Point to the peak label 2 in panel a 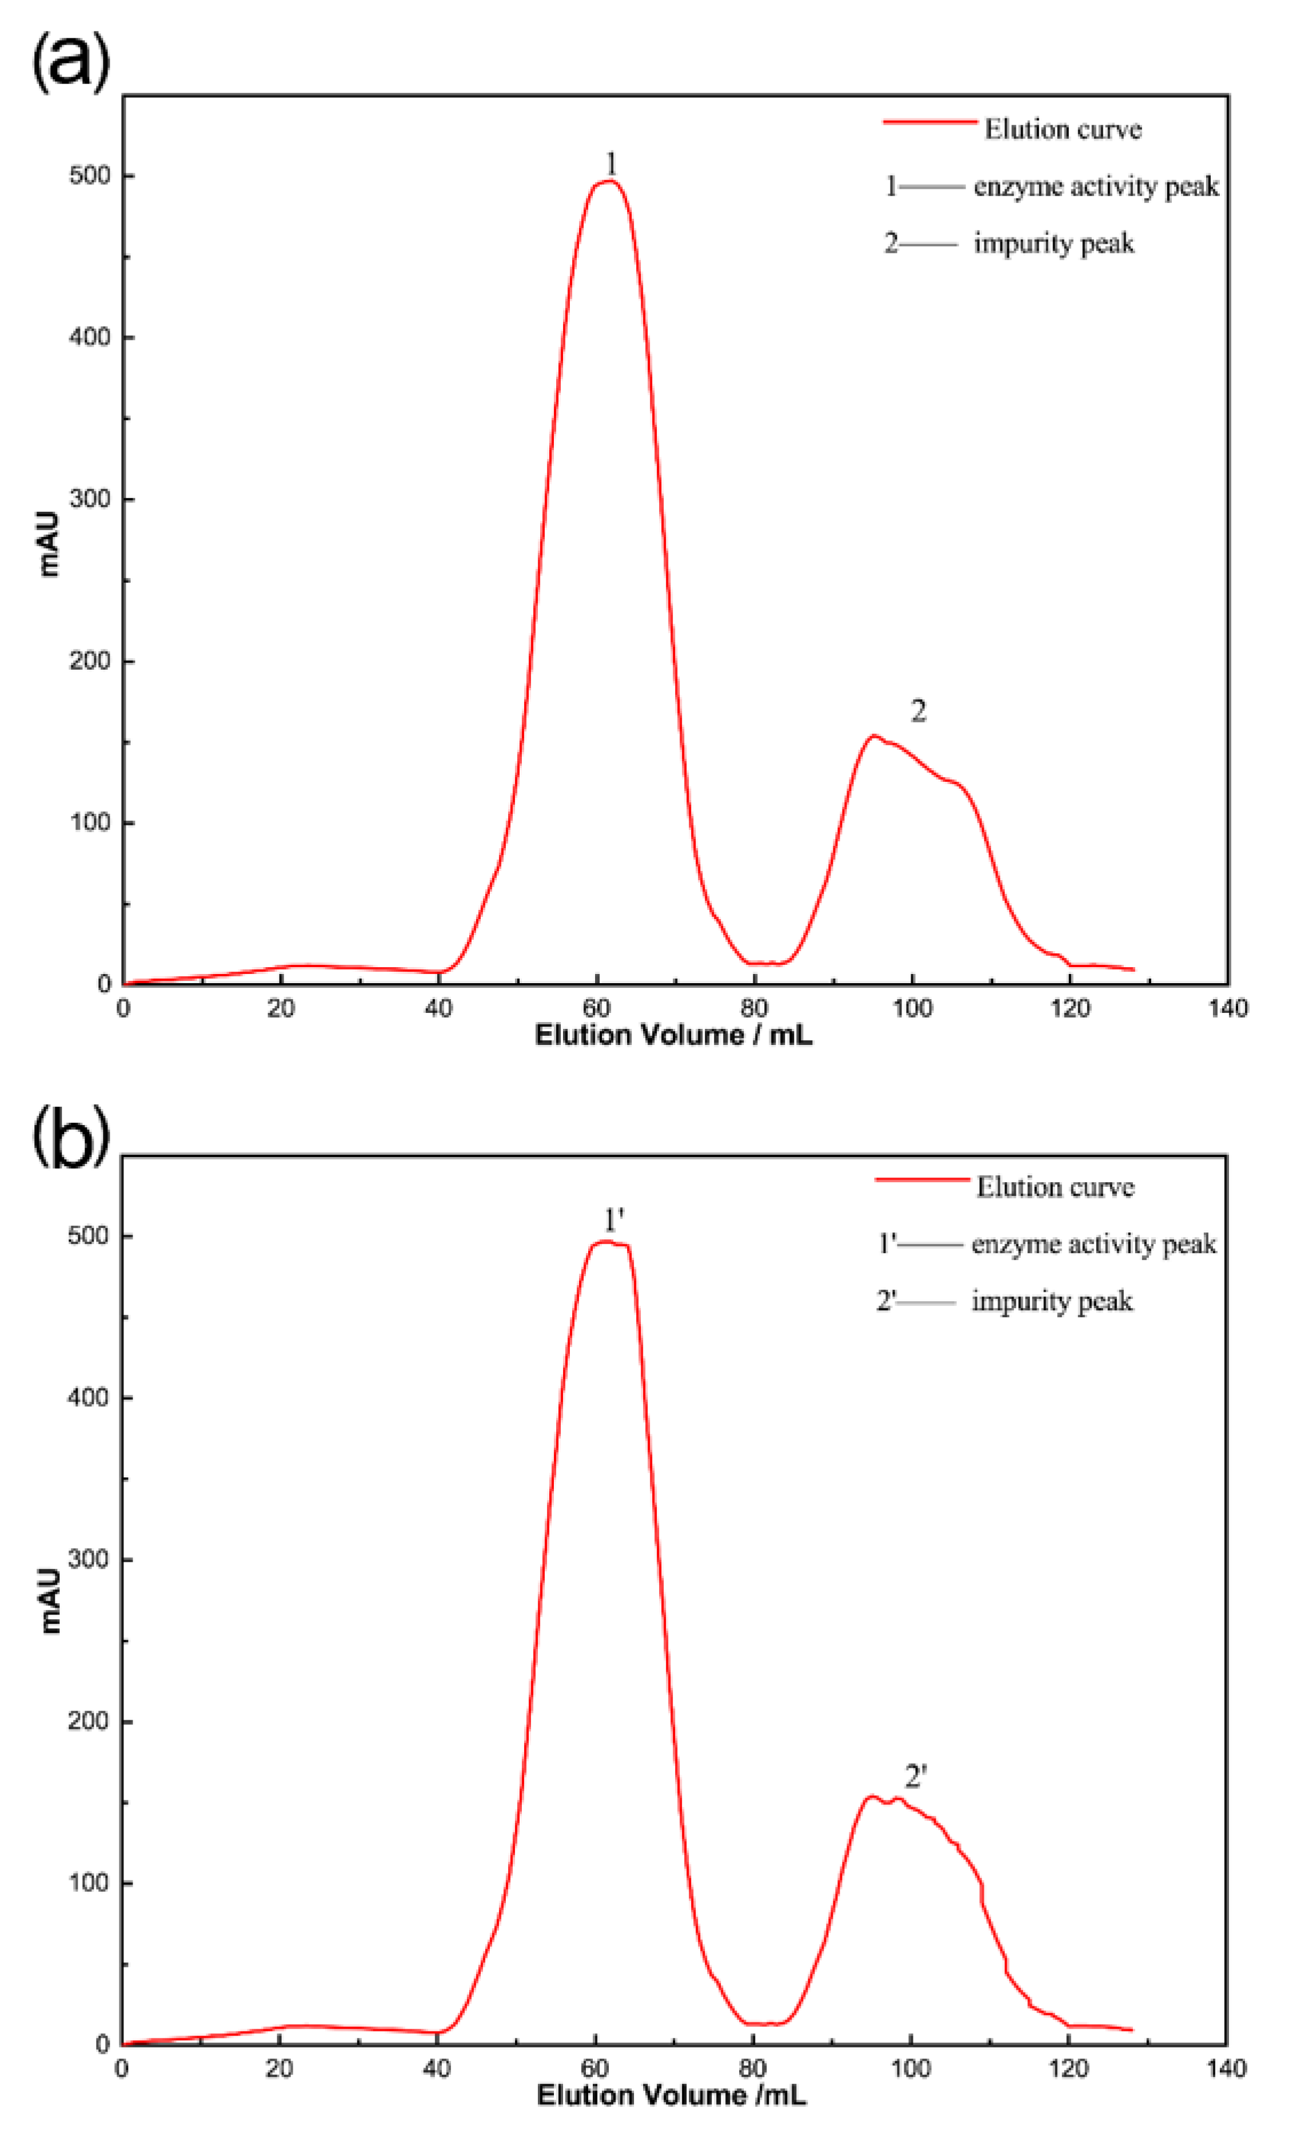coord(918,711)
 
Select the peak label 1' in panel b coord(613,1220)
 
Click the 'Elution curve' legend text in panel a coord(1063,130)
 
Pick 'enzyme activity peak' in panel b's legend coord(1093,1244)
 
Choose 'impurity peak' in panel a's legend coord(1053,244)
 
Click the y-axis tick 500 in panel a coord(90,176)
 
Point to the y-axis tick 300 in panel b coord(88,1559)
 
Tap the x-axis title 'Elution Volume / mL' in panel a coord(673,1035)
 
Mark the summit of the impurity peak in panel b coord(872,1796)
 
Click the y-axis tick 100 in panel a coord(90,822)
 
